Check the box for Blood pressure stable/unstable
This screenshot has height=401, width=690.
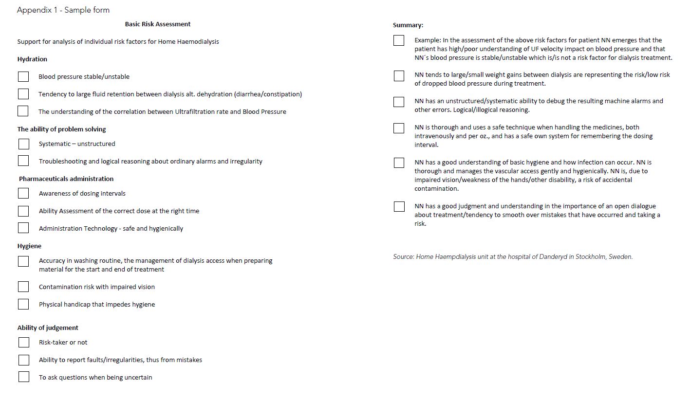click(x=23, y=77)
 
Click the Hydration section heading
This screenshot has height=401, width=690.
click(x=32, y=59)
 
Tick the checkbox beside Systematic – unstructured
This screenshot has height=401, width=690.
click(x=23, y=144)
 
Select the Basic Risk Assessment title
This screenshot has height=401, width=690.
click(x=158, y=24)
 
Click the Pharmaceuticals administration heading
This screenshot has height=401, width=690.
click(x=66, y=179)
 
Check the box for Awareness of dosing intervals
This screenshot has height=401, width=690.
click(x=23, y=194)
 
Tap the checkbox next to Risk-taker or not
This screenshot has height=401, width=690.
click(x=23, y=343)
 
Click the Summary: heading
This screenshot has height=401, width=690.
click(x=408, y=25)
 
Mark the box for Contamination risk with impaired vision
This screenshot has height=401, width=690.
click(x=23, y=287)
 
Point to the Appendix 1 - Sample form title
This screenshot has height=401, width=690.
click(x=63, y=10)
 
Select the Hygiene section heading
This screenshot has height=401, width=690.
click(x=29, y=246)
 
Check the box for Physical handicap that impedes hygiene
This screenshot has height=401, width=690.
click(x=23, y=305)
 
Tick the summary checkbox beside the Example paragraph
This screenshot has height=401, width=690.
click(x=399, y=41)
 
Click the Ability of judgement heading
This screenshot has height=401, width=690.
click(x=48, y=328)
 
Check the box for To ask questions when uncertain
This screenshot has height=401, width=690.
click(x=23, y=377)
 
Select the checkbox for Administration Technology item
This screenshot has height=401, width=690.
click(x=23, y=228)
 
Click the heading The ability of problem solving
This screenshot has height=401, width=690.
click(x=61, y=129)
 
